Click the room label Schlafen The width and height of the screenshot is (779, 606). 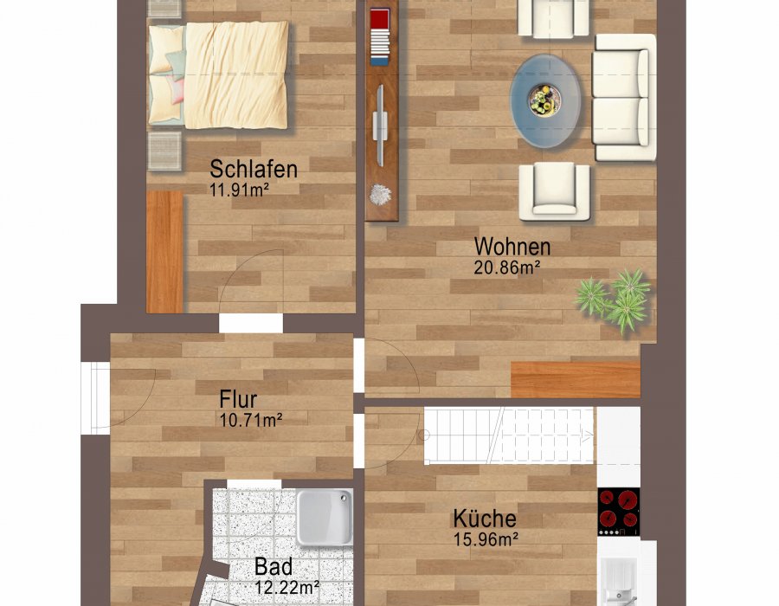coord(254,168)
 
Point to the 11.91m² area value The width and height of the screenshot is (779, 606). coord(239,188)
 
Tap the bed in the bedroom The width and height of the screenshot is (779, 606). coord(218,74)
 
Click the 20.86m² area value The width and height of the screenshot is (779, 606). coord(506,268)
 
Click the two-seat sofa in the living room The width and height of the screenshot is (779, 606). coord(621,97)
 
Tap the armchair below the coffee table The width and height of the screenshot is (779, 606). coord(554,190)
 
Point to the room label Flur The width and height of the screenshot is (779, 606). coord(238,400)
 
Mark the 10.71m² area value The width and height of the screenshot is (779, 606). coord(252,420)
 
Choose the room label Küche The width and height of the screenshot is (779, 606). coord(485,519)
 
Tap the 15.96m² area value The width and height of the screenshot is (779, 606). coord(485,539)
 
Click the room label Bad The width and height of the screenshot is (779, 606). coord(274,567)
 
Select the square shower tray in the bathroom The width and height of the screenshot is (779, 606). coord(325,518)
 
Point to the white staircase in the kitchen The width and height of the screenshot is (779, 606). coord(509,435)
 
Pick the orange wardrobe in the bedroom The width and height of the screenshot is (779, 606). coord(164,251)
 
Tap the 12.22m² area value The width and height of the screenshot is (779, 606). coord(286,587)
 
